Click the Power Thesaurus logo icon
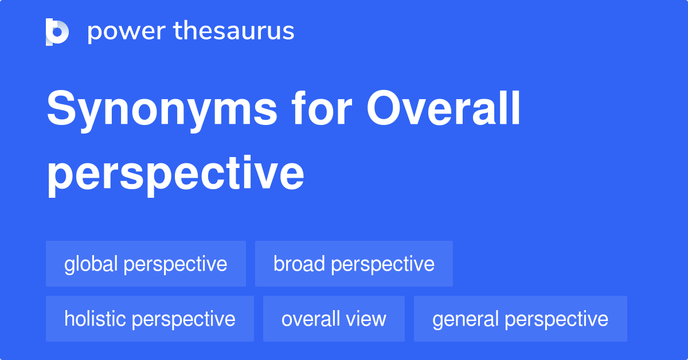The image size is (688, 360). (57, 32)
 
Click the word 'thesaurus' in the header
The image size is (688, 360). (234, 32)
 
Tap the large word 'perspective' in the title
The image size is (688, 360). (175, 174)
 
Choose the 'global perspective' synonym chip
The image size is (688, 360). (146, 264)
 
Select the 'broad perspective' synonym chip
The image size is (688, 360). (354, 264)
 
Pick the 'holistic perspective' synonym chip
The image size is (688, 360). (150, 319)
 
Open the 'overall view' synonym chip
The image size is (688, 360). (334, 319)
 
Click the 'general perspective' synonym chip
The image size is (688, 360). (520, 319)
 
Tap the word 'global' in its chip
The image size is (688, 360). (91, 264)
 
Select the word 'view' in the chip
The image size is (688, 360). (367, 319)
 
